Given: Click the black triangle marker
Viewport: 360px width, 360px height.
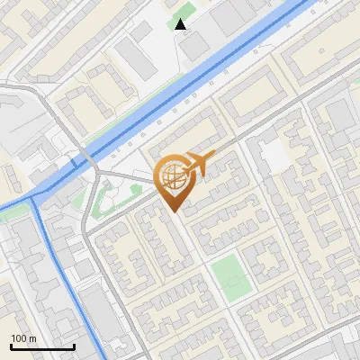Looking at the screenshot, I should click(x=181, y=23).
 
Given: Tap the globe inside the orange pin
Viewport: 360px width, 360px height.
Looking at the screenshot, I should click(x=171, y=176).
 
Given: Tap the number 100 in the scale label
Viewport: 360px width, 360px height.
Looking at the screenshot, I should click(x=18, y=338).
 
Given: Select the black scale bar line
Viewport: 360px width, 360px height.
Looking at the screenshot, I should click(x=42, y=346).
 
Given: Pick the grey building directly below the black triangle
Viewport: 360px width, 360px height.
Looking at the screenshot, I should click(x=193, y=45).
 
